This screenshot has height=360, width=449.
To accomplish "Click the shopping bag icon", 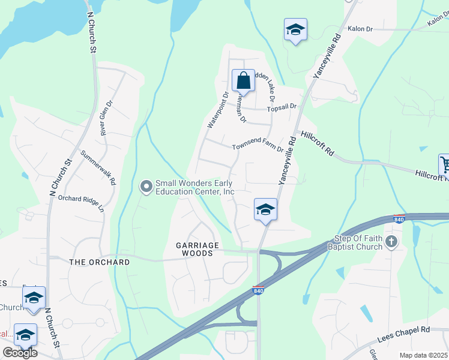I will pyautogui.click(x=244, y=80).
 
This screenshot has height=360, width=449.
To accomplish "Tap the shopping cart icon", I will pyautogui.click(x=444, y=163).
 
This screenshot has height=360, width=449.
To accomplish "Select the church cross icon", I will pyautogui.click(x=391, y=242).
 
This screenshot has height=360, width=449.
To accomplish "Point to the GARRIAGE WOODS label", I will pyautogui.click(x=194, y=249).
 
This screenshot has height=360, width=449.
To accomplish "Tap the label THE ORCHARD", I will pyautogui.click(x=100, y=262).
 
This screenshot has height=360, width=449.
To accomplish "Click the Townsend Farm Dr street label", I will pyautogui.click(x=258, y=147).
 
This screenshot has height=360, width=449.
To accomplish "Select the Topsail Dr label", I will pyautogui.click(x=282, y=107).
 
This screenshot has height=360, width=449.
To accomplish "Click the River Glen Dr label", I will pyautogui.click(x=106, y=118).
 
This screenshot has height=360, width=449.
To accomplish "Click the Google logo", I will pyautogui.click(x=20, y=353).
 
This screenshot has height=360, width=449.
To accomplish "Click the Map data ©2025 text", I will pyautogui.click(x=423, y=355).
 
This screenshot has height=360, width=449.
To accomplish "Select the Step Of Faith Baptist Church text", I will pyautogui.click(x=355, y=242).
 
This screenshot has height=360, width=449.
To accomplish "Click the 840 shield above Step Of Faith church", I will pyautogui.click(x=399, y=219).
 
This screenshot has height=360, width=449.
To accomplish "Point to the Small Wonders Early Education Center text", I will pyautogui.click(x=194, y=187).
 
